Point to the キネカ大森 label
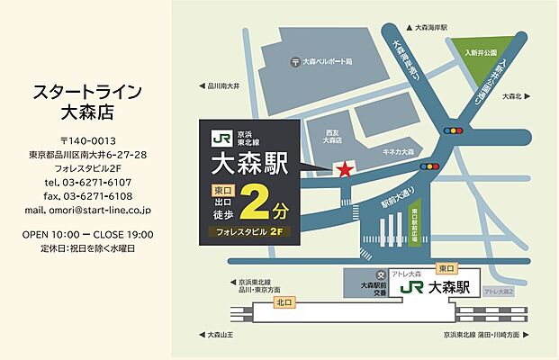tap(397, 154)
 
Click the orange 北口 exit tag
tap(284, 302)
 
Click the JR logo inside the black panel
tap(221, 139)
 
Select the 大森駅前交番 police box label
tap(372, 286)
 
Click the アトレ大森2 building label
tap(498, 292)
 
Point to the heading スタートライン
tap(88, 93)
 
